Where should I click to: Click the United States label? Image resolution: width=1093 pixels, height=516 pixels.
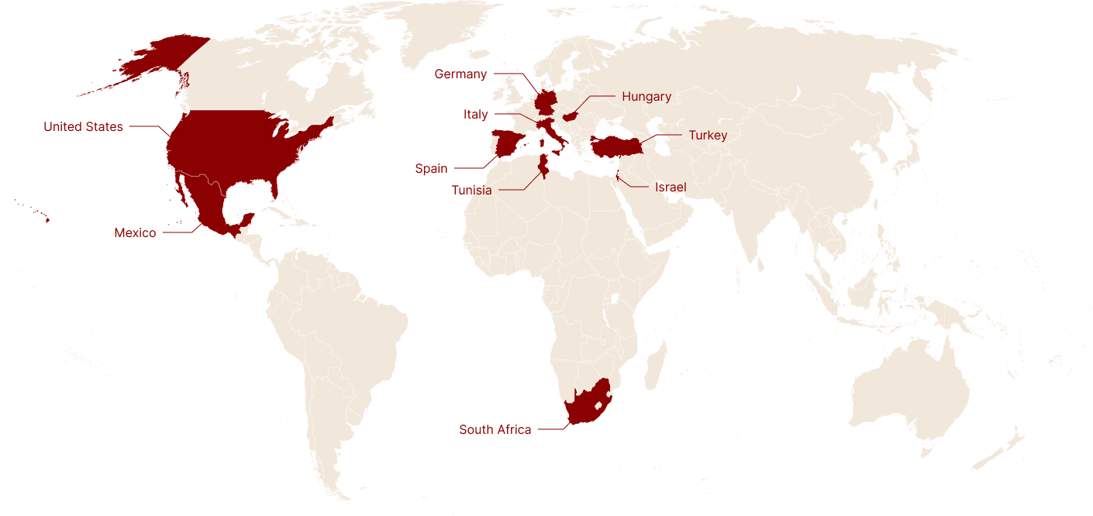coord(83,127)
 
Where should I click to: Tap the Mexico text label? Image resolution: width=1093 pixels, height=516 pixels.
coord(135,232)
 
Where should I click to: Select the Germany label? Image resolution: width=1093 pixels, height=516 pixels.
coord(460,74)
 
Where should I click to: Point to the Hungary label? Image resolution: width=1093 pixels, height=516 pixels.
coord(646,97)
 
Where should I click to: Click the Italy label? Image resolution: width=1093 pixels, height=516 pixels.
coord(476,115)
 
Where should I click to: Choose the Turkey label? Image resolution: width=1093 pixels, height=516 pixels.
coord(708,136)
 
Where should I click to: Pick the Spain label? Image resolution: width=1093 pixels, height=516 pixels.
coord(431,169)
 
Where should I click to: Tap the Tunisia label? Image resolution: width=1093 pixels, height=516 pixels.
coord(471,191)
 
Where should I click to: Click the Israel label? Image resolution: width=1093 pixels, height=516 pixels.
coord(671,187)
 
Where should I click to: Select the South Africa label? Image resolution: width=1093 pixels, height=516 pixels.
coord(495,430)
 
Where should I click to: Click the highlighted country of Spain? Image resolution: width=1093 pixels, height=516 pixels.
coord(508,144)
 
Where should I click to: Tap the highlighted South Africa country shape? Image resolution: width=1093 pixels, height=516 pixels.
coord(583,407)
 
